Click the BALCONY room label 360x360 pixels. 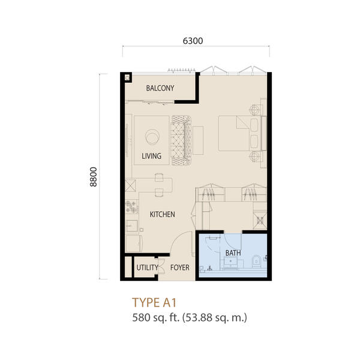[x=160, y=88]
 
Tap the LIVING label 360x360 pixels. [x=152, y=156]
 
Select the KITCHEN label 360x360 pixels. [x=163, y=214]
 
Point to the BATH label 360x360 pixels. [x=233, y=253]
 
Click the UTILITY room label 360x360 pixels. [x=147, y=268]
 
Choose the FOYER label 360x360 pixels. [x=180, y=268]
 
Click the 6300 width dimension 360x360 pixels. [x=193, y=41]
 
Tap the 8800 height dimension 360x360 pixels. [x=94, y=177]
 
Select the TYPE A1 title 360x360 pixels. [x=154, y=302]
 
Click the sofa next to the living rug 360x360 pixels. [x=181, y=140]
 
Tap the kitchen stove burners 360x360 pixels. [x=132, y=206]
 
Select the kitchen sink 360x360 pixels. [x=131, y=226]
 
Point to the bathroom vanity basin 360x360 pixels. [x=230, y=262]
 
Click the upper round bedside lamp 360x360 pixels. [x=254, y=110]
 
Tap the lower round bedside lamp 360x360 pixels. [x=254, y=157]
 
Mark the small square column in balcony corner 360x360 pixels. [x=127, y=78]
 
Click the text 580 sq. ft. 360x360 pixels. [x=155, y=318]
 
